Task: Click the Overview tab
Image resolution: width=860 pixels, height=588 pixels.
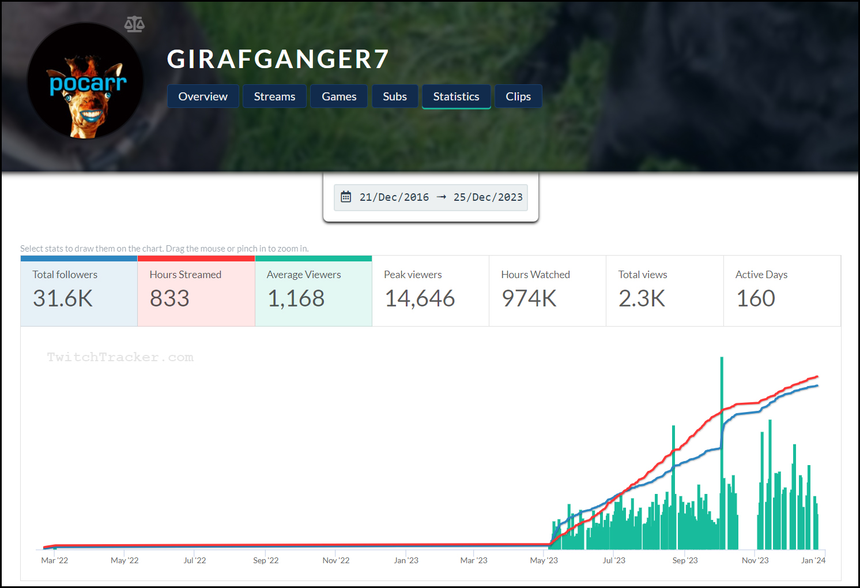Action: point(203,96)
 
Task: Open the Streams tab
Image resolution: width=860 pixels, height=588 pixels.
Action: point(274,96)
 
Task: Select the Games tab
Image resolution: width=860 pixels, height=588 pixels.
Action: point(339,96)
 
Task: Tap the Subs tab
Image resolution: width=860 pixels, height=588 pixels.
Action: point(395,96)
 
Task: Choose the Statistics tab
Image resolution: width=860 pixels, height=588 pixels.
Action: point(456,96)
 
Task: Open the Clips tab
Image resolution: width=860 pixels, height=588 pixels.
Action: point(518,96)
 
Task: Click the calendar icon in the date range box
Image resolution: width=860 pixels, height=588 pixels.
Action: point(346,197)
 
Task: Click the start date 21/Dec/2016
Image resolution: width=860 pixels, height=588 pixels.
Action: point(394,197)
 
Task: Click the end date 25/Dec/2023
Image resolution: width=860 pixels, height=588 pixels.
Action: point(488,197)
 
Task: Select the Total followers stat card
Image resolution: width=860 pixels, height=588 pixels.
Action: point(79,291)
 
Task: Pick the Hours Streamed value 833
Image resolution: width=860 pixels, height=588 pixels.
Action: point(169,298)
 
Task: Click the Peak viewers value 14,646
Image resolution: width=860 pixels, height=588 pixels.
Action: point(420,298)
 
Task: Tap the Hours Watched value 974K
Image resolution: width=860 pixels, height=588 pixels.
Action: point(529,298)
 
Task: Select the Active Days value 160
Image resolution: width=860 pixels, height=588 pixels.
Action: point(756,298)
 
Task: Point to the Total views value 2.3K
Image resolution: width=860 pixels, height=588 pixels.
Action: point(642,298)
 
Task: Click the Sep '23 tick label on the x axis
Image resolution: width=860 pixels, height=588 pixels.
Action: point(685,560)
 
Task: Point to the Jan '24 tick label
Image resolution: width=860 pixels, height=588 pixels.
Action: point(813,560)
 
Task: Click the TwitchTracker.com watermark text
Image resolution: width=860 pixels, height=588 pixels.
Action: point(120,357)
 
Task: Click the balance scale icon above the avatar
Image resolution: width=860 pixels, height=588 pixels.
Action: point(134,24)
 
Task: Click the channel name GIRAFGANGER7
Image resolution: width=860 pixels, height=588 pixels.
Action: point(278,59)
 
